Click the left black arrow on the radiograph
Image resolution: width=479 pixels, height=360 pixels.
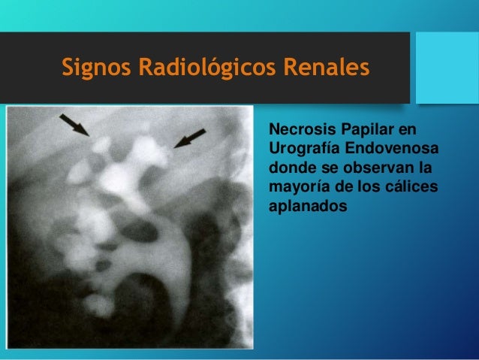pyautogui.click(x=74, y=123)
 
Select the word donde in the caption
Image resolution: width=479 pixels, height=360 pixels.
pyautogui.click(x=288, y=165)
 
